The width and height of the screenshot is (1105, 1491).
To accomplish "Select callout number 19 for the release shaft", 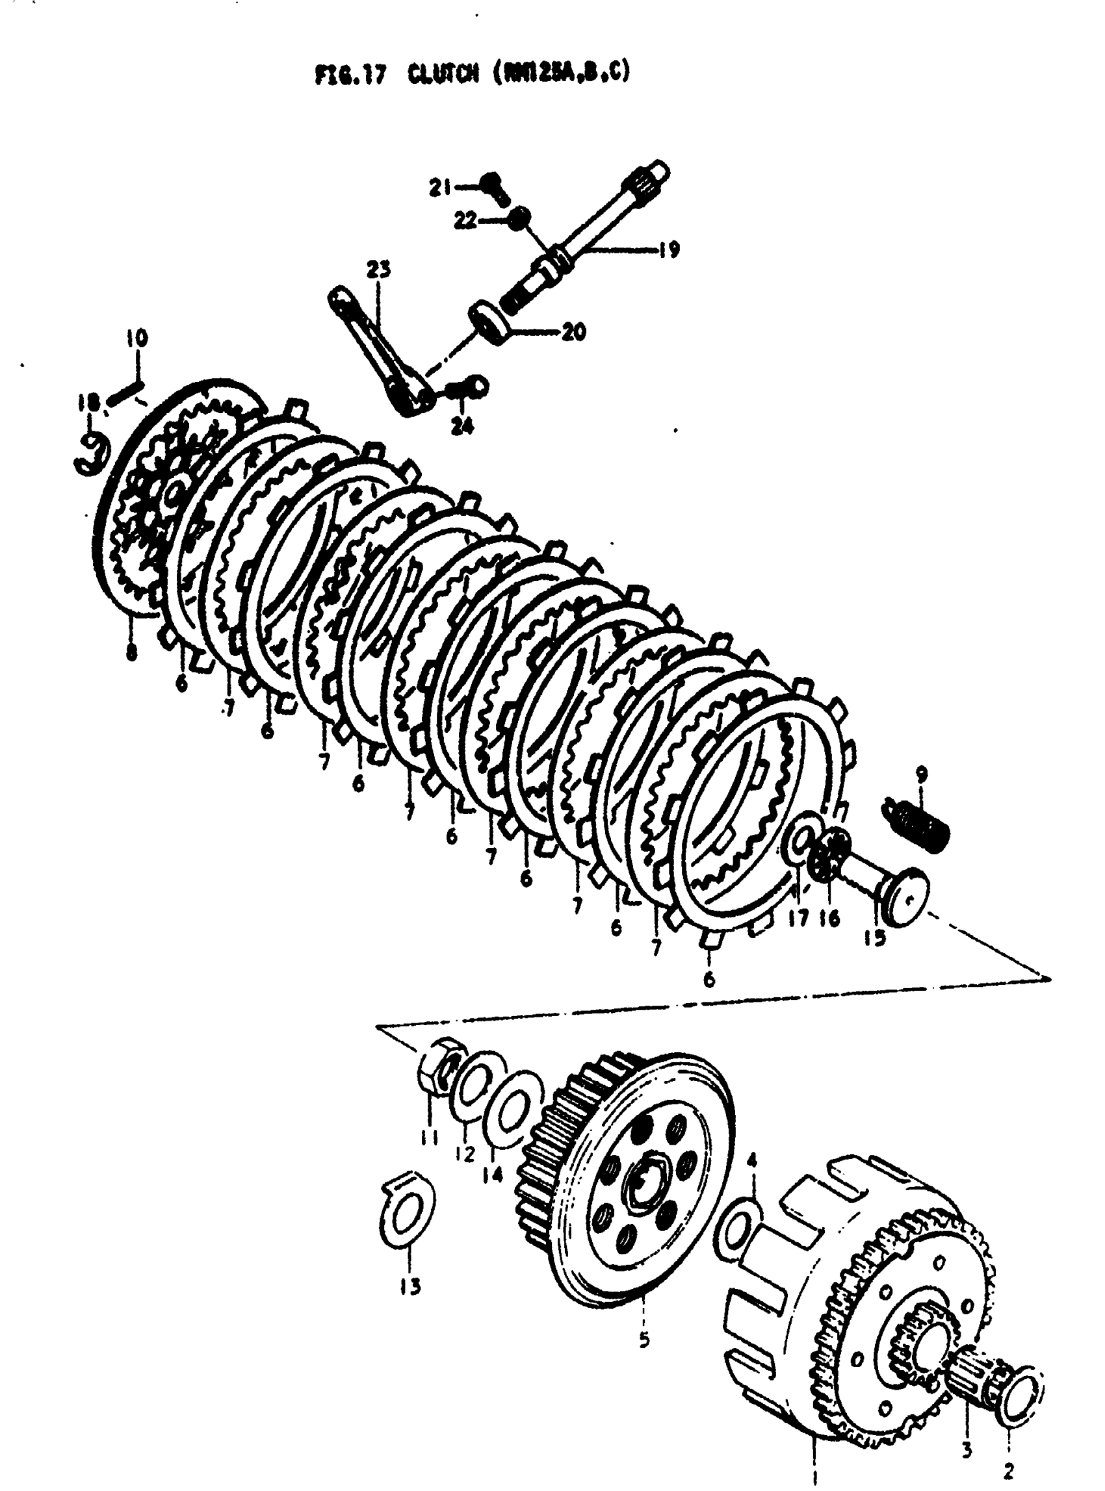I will (666, 249).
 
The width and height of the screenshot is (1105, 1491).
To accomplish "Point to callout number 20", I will (573, 331).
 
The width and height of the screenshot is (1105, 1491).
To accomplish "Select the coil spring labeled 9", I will (916, 822).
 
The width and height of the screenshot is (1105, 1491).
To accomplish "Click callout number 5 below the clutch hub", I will (643, 1340).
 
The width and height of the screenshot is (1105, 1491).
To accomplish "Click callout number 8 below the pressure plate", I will (131, 651).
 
